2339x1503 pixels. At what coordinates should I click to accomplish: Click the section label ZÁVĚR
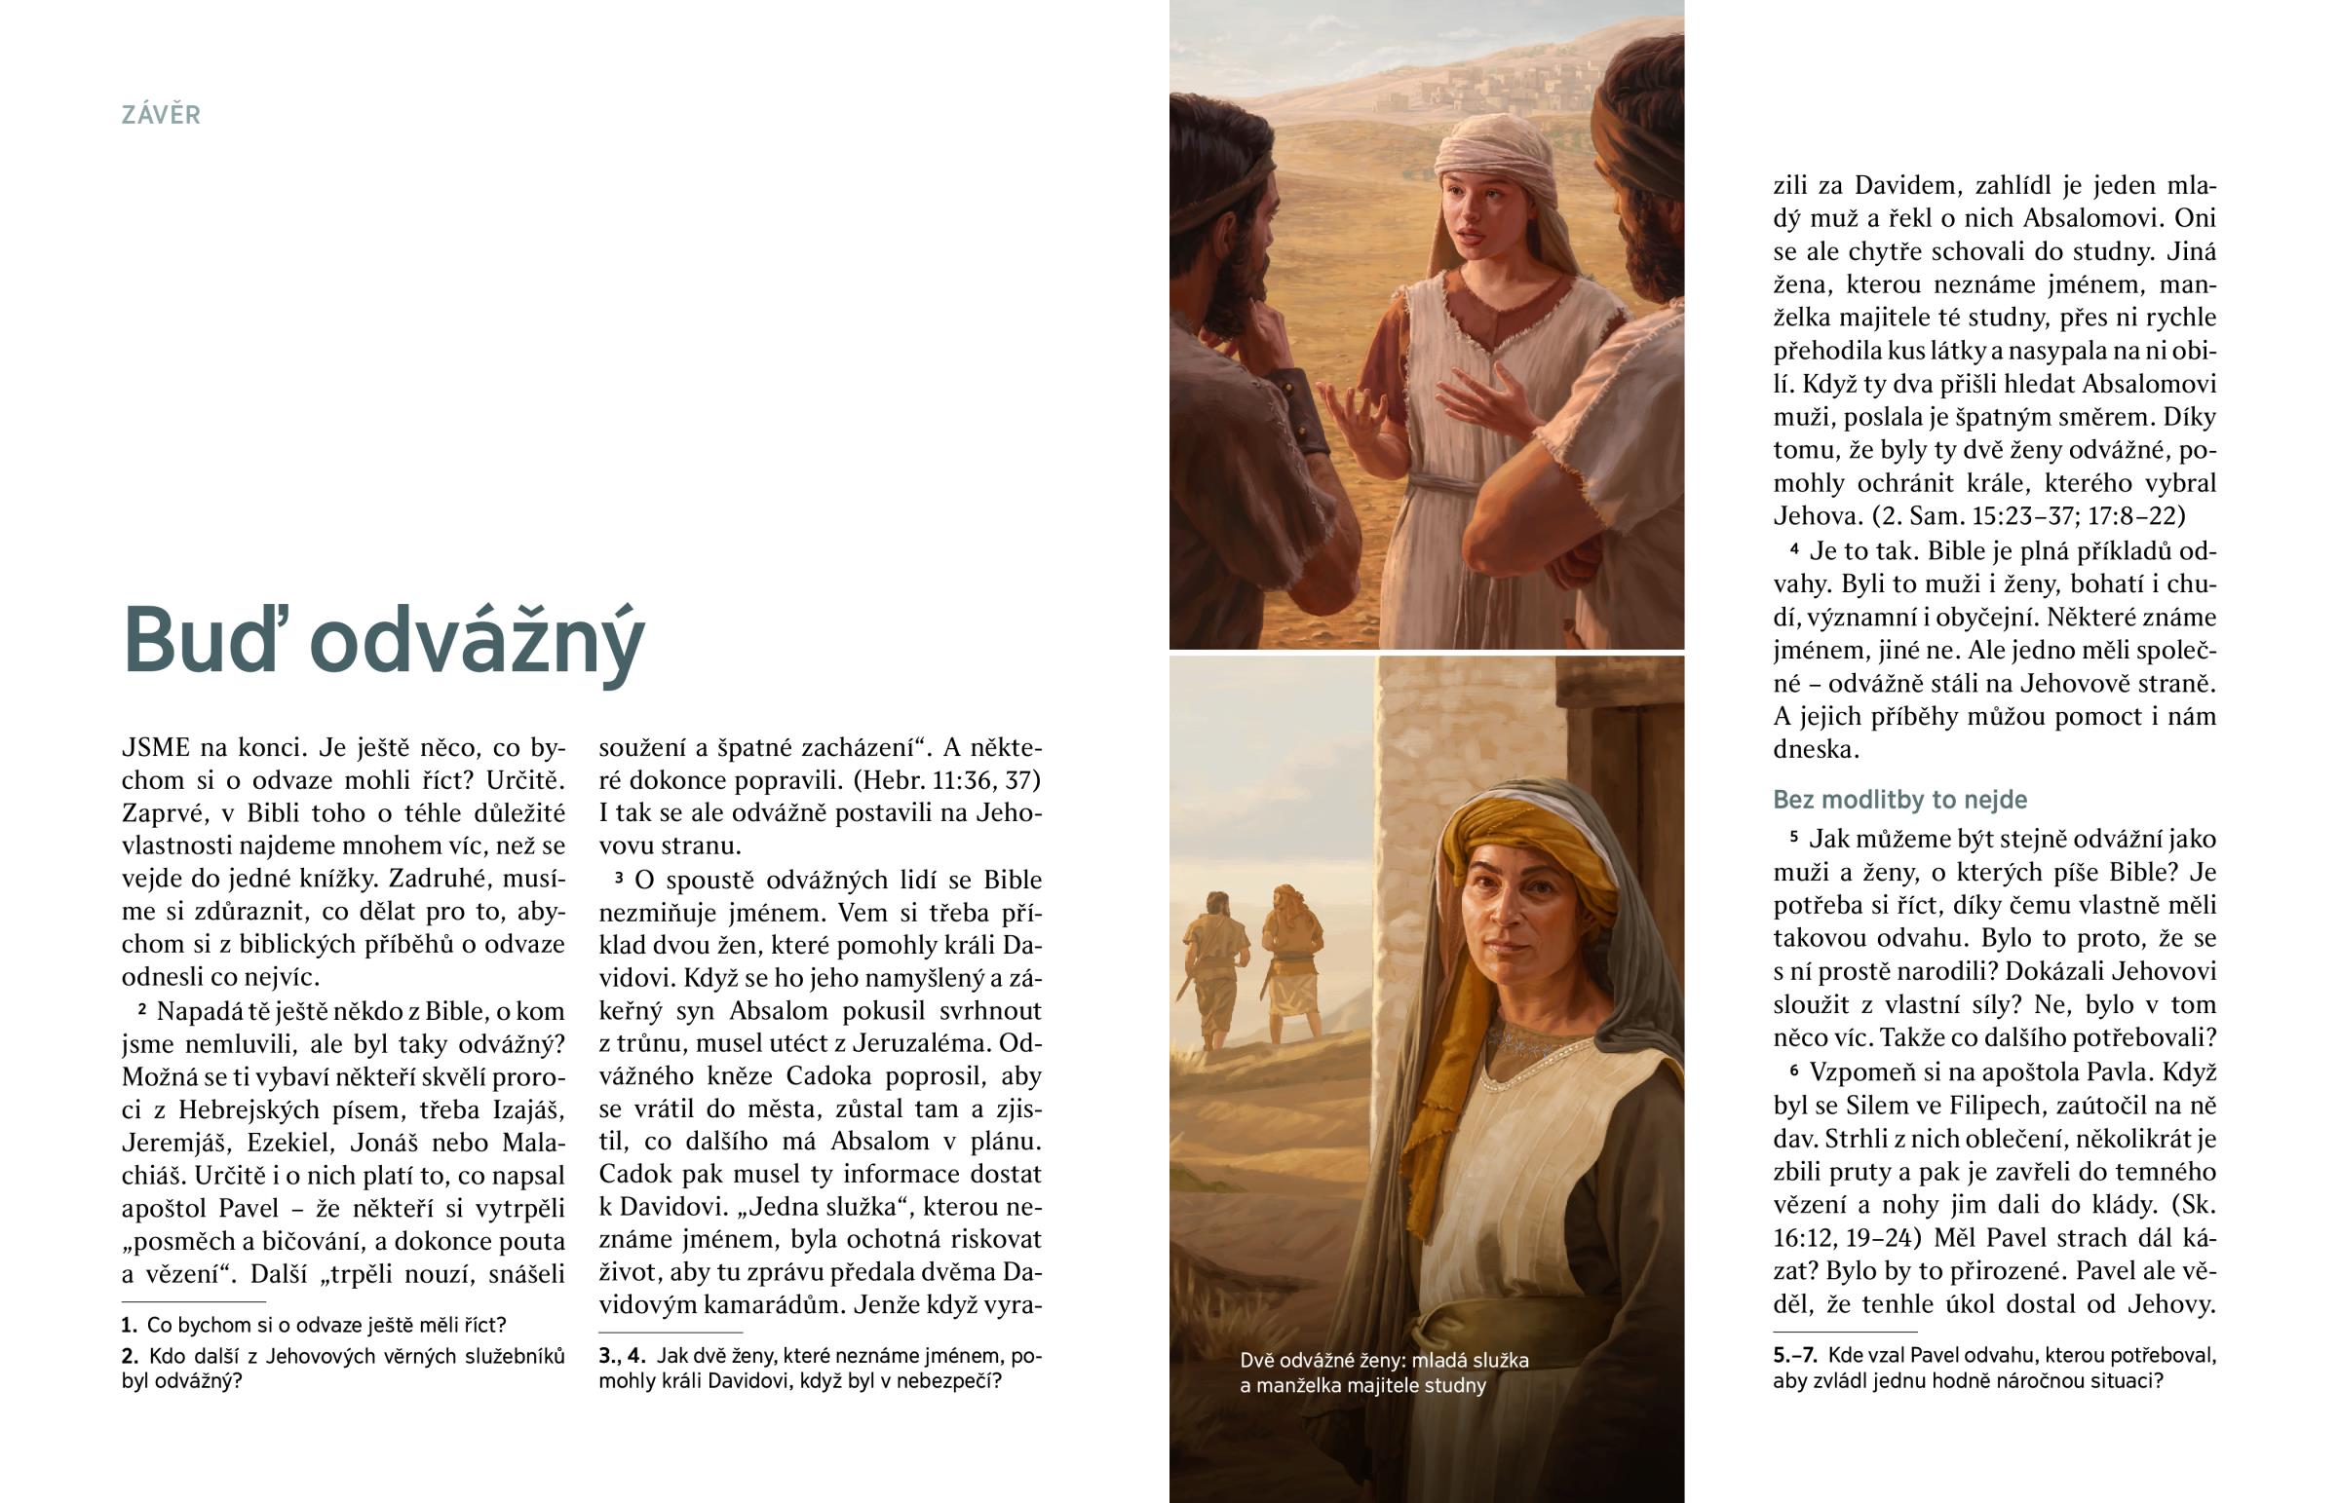(161, 115)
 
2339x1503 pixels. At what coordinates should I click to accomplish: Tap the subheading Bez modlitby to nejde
(1899, 800)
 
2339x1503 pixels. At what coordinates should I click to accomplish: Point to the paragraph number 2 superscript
(142, 1008)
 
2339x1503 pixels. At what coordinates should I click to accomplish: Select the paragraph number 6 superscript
(1794, 1070)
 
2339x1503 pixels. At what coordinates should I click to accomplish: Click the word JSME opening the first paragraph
(156, 747)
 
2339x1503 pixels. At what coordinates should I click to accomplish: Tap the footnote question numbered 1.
(314, 1325)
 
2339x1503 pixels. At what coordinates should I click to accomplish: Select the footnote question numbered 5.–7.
(1993, 1368)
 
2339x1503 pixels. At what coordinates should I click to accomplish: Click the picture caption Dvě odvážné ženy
(1383, 1372)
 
